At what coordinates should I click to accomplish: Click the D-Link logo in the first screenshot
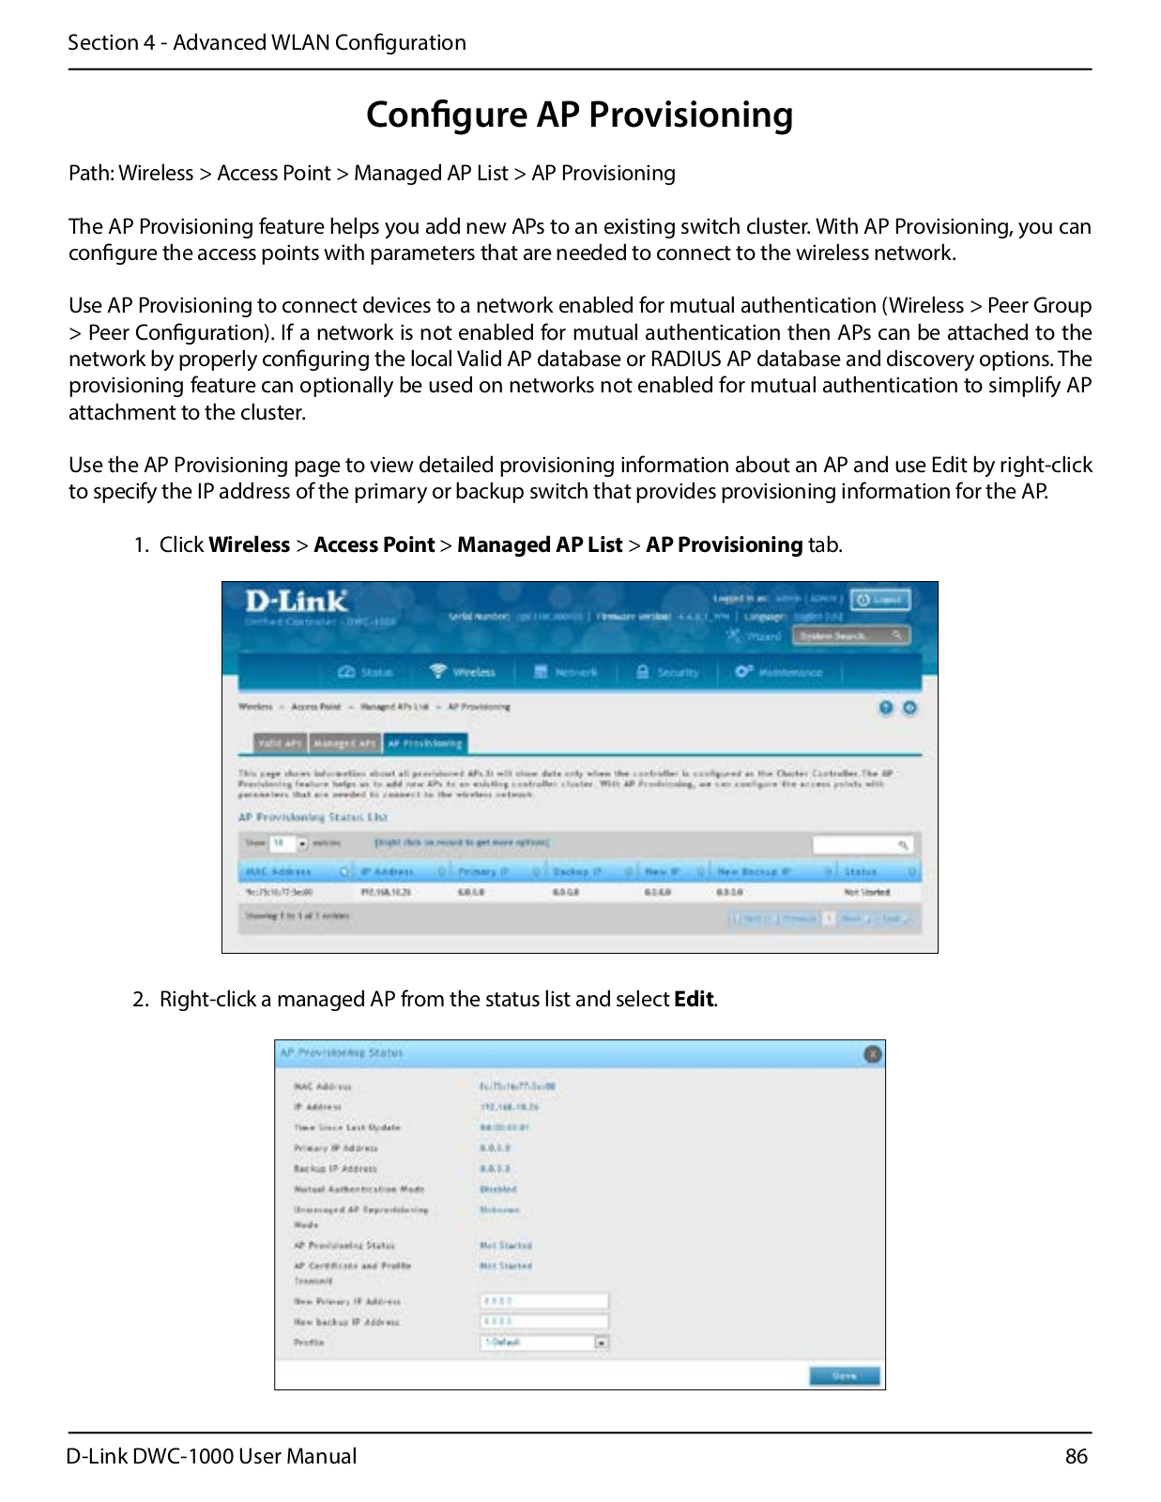pyautogui.click(x=296, y=602)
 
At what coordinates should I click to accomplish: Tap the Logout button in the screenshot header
pyautogui.click(x=879, y=600)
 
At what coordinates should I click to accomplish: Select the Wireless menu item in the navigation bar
pyautogui.click(x=464, y=672)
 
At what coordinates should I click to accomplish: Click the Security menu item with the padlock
pyautogui.click(x=668, y=672)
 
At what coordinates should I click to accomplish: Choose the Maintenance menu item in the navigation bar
pyautogui.click(x=779, y=672)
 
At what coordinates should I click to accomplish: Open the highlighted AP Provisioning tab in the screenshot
pyautogui.click(x=424, y=743)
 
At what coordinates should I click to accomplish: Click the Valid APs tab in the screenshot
pyautogui.click(x=280, y=743)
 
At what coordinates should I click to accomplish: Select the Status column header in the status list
pyautogui.click(x=861, y=872)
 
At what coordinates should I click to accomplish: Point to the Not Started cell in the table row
pyautogui.click(x=866, y=892)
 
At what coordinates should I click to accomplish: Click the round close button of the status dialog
pyautogui.click(x=872, y=1054)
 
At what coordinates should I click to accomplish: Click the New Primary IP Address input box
pyautogui.click(x=543, y=1301)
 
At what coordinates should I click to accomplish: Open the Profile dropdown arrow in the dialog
pyautogui.click(x=602, y=1343)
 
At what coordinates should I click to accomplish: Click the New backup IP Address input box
pyautogui.click(x=543, y=1322)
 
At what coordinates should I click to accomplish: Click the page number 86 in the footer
pyautogui.click(x=1076, y=1456)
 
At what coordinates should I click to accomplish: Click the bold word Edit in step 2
pyautogui.click(x=694, y=999)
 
